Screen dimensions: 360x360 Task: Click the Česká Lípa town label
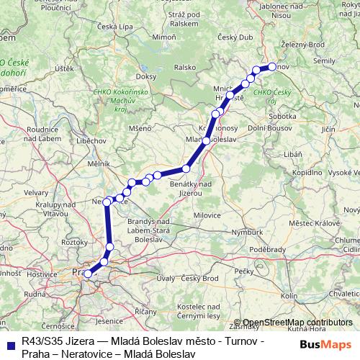click(117, 27)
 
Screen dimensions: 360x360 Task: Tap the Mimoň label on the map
click(165, 36)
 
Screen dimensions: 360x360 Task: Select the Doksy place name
click(146, 76)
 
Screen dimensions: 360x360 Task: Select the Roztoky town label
click(75, 243)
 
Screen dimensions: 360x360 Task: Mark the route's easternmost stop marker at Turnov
click(272, 67)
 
